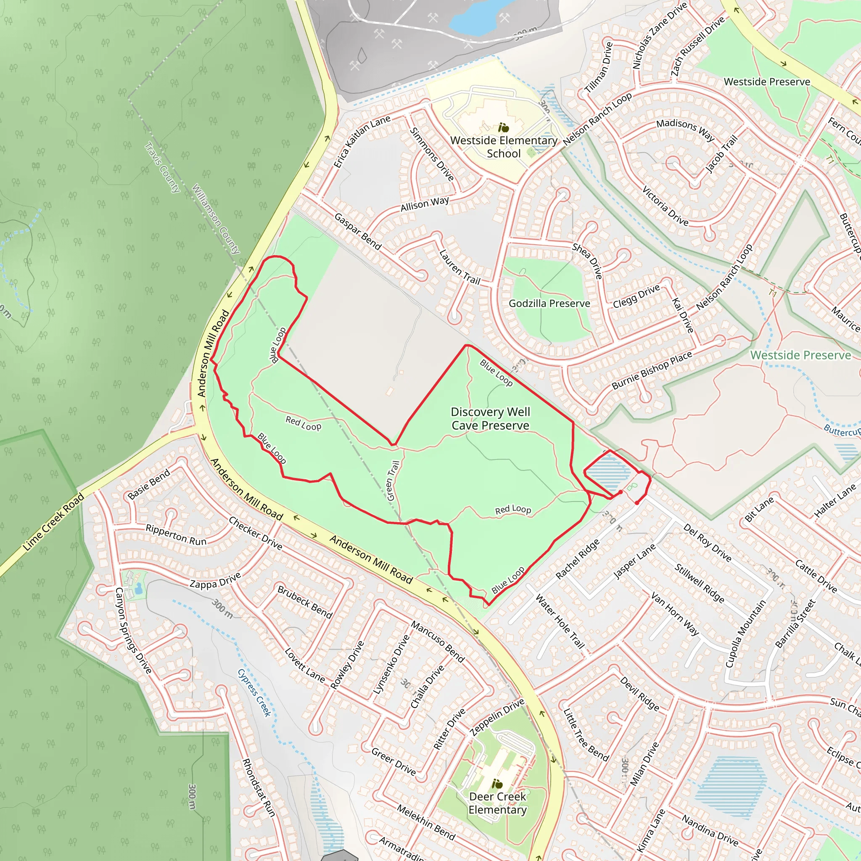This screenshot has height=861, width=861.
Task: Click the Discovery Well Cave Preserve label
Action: coord(490,418)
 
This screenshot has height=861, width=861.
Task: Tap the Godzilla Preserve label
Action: coord(549,304)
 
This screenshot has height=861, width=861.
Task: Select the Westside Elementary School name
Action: coord(504,147)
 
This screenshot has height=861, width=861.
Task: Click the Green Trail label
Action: coord(393,481)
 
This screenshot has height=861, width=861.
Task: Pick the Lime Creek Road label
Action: coord(54,522)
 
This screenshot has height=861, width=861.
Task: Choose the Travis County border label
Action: coord(163,167)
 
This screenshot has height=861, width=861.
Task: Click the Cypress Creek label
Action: coord(254,692)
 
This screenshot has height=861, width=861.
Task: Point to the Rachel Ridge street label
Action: coord(578,559)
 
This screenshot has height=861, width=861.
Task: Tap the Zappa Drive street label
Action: coord(215,581)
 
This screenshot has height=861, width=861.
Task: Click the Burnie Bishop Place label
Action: coord(652,370)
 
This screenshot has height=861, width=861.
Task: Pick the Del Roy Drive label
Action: coord(707,543)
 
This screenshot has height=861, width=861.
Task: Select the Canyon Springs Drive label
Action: coord(133,630)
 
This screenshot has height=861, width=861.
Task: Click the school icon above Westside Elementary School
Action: coord(504,128)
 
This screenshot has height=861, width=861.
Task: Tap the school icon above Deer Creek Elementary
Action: coord(497,784)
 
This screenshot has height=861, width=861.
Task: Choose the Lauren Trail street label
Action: coord(460,267)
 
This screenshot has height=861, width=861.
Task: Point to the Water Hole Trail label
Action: coord(559,621)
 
